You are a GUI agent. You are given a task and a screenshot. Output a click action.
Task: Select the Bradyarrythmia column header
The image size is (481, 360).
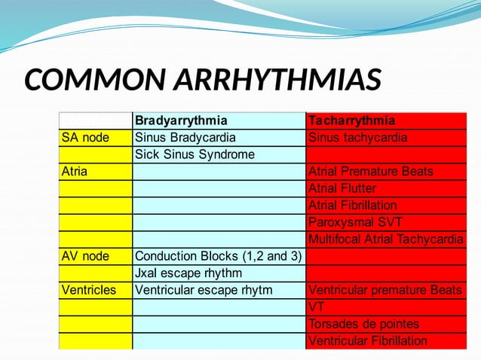click(x=181, y=121)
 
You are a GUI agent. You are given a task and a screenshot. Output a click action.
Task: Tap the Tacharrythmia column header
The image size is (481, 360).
click(x=351, y=121)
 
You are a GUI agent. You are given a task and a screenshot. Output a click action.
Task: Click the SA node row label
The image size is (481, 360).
click(x=85, y=138)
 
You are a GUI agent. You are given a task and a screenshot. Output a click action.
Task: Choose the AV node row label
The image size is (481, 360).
click(x=85, y=256)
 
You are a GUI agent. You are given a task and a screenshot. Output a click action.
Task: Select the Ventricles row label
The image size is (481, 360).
click(x=89, y=290)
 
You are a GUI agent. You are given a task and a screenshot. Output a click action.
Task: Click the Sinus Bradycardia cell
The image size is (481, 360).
click(x=185, y=138)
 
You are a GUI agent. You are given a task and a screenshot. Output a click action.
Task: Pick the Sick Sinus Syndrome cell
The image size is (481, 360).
click(x=195, y=154)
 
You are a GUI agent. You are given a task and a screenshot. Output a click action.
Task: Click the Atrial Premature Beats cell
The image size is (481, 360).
click(x=371, y=171)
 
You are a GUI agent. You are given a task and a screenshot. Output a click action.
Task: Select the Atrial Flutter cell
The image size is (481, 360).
click(x=342, y=188)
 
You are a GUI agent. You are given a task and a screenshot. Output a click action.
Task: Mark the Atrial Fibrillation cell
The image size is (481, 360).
click(x=353, y=205)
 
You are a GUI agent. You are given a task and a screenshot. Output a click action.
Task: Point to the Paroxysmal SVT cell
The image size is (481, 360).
click(x=355, y=222)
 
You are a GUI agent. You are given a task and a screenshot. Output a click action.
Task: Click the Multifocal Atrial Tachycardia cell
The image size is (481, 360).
click(x=385, y=239)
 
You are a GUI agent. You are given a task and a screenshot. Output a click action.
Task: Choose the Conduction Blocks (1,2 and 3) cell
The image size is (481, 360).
click(x=218, y=256)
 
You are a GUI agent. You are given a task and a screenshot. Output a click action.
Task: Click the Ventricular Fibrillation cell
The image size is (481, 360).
click(x=368, y=341)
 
